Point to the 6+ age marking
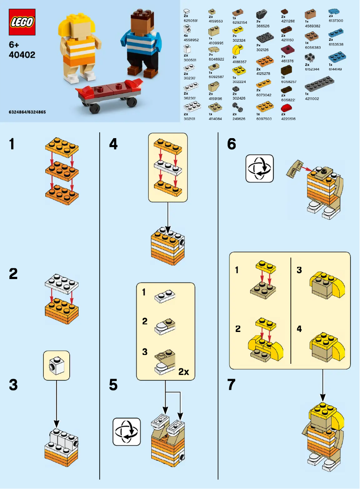(x=14, y=45)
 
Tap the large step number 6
(x=232, y=144)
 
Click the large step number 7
(x=232, y=385)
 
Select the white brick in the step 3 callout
(x=57, y=365)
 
